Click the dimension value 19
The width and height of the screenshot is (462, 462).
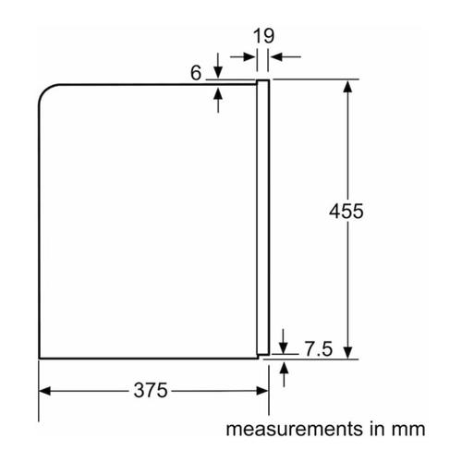point(263,36)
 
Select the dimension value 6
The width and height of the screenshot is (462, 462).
point(196,73)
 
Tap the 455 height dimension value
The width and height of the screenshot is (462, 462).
point(346,212)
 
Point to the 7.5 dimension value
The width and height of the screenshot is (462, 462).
point(319,349)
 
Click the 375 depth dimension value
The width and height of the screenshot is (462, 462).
point(151,390)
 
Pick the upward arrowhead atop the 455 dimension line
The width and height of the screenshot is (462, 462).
point(347,86)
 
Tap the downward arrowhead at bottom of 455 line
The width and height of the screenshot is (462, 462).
point(347,353)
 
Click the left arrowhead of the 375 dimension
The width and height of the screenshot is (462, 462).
point(44,391)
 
